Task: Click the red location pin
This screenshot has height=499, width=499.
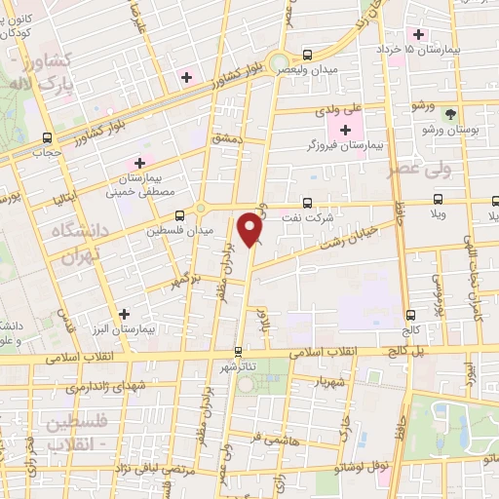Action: [x=251, y=229]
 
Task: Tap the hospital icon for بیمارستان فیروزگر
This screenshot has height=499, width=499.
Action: [x=345, y=130]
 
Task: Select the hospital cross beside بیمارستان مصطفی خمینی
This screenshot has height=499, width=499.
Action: [x=139, y=162]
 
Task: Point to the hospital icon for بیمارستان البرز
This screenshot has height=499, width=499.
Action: [x=124, y=314]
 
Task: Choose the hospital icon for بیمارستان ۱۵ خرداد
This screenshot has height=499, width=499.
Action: [x=417, y=34]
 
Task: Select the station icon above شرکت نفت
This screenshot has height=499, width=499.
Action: [x=308, y=204]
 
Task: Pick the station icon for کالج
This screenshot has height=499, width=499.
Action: [x=410, y=314]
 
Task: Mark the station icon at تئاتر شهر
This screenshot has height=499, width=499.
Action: [x=238, y=351]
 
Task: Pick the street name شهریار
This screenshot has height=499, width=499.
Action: [x=327, y=381]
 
